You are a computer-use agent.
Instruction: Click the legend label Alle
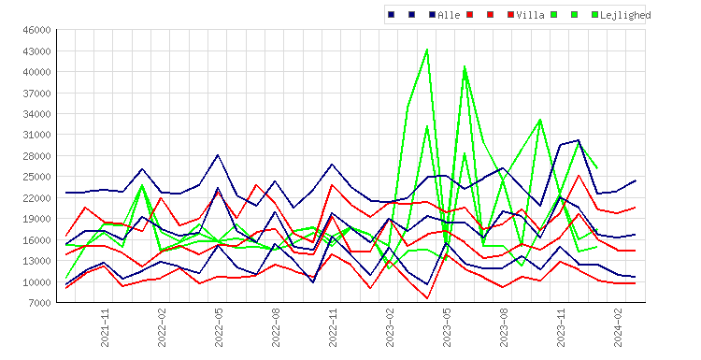pyautogui.click(x=449, y=15)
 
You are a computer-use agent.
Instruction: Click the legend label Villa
pyautogui.click(x=530, y=15)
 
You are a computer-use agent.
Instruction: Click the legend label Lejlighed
pyautogui.click(x=625, y=16)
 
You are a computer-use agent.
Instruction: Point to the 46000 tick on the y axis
pyautogui.click(x=37, y=30)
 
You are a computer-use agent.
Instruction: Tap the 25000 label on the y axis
pyautogui.click(x=37, y=177)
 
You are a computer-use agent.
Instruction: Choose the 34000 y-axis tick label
pyautogui.click(x=37, y=114)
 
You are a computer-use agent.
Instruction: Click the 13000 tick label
pyautogui.click(x=37, y=261)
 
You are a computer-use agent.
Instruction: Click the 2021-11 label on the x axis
pyautogui.click(x=105, y=327)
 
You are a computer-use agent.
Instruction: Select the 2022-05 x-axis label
pyautogui.click(x=219, y=327)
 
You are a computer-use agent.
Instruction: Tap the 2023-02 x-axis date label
pyautogui.click(x=390, y=327)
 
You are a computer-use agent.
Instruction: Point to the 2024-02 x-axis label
pyautogui.click(x=618, y=327)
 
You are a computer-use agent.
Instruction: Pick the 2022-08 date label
pyautogui.click(x=276, y=327)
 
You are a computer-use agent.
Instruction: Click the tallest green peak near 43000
pyautogui.click(x=427, y=50)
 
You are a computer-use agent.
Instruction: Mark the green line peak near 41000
pyautogui.click(x=465, y=66)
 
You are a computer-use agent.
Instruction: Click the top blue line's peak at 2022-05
pyautogui.click(x=218, y=155)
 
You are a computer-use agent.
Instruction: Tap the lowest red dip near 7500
pyautogui.click(x=427, y=298)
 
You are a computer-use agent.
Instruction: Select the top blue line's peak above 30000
pyautogui.click(x=579, y=140)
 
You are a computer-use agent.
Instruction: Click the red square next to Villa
pyautogui.click(x=510, y=15)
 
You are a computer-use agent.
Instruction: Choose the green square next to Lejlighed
pyautogui.click(x=594, y=15)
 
